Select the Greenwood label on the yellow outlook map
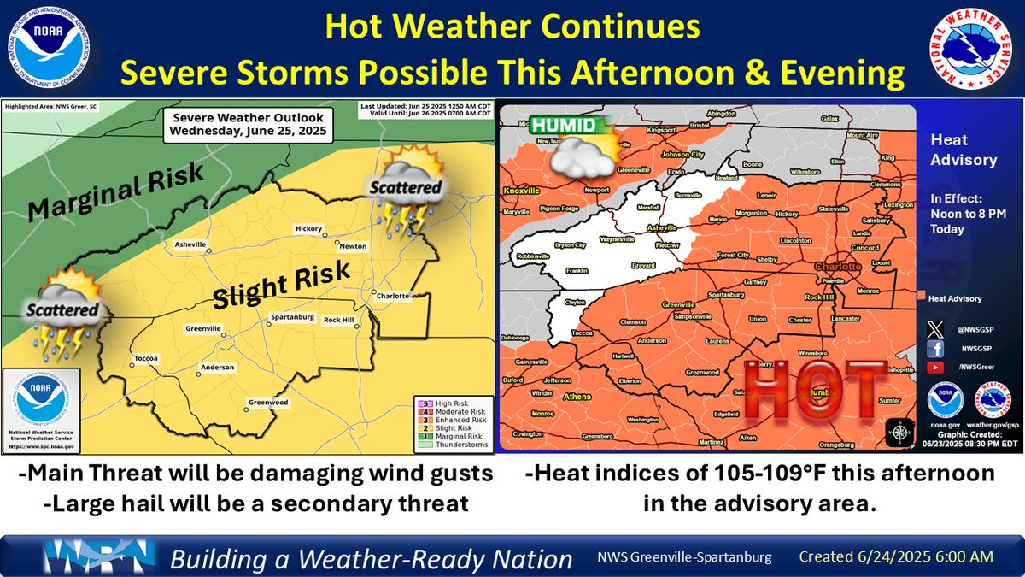[267, 403]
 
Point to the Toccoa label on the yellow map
[143, 359]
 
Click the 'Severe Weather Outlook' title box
[248, 127]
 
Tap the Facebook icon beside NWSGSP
[935, 349]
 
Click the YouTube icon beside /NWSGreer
[935, 367]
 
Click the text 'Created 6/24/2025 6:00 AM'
[895, 556]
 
